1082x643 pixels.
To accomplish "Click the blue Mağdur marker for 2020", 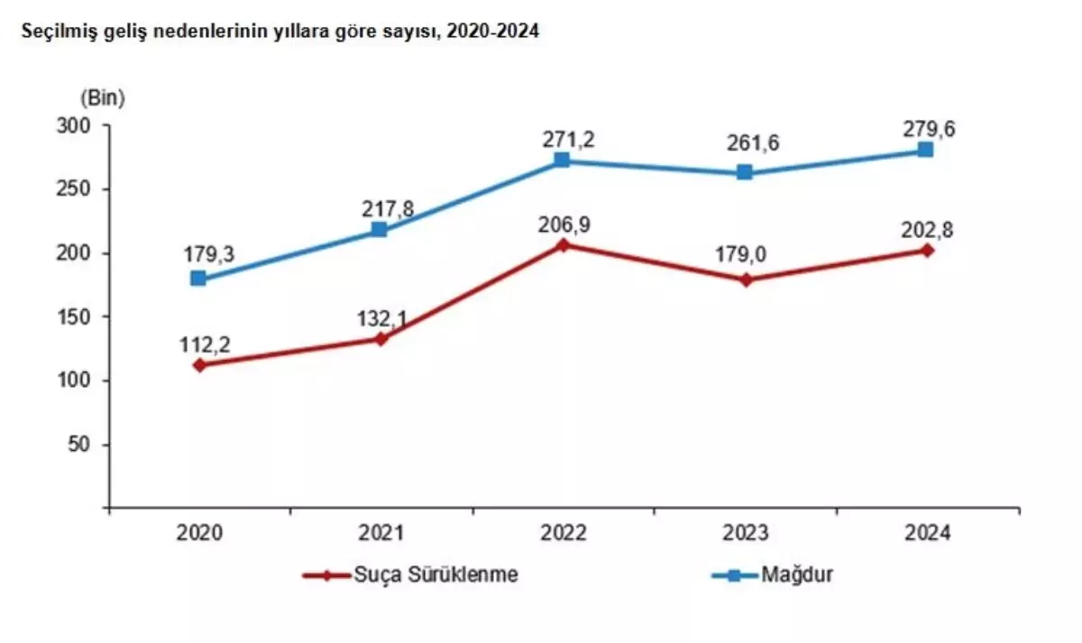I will pyautogui.click(x=198, y=279).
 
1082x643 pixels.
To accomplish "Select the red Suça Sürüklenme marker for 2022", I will pyautogui.click(x=563, y=244).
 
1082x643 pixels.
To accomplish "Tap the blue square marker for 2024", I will pyautogui.click(x=926, y=150).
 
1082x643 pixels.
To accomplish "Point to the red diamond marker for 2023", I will pyautogui.click(x=745, y=280).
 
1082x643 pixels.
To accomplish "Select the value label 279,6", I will pyautogui.click(x=926, y=128).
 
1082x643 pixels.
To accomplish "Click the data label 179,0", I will pyautogui.click(x=745, y=258).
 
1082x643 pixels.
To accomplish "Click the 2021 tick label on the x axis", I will pyautogui.click(x=381, y=534).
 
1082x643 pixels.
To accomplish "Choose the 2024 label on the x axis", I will pyautogui.click(x=926, y=534).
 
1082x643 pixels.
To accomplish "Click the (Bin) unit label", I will pyautogui.click(x=102, y=96).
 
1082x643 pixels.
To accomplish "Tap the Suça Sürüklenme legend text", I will pyautogui.click(x=436, y=574).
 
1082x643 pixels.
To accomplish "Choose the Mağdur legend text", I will pyautogui.click(x=796, y=574).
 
